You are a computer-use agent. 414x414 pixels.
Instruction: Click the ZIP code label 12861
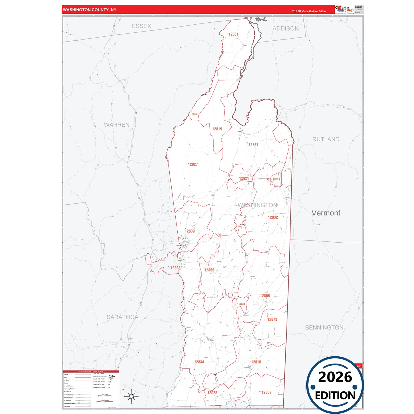pyautogui.click(x=233, y=34)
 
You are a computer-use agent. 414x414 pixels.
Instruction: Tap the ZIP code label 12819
pyautogui.click(x=217, y=129)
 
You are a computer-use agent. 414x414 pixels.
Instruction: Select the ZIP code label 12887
pyautogui.click(x=253, y=145)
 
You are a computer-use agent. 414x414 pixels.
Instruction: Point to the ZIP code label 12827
pyautogui.click(x=193, y=164)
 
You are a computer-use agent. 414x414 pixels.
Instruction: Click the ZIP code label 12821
pyautogui.click(x=244, y=178)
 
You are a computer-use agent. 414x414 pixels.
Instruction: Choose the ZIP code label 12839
pyautogui.click(x=190, y=231)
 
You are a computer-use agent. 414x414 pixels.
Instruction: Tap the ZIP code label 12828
pyautogui.click(x=175, y=268)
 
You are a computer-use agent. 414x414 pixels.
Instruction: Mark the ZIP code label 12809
pyautogui.click(x=209, y=270)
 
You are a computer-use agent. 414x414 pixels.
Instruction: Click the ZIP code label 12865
pyautogui.click(x=265, y=296)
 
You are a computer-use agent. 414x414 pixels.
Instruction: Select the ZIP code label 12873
pyautogui.click(x=272, y=319)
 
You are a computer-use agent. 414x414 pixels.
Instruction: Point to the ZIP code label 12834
pyautogui.click(x=199, y=362)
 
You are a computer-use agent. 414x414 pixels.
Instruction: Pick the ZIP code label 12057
pyautogui.click(x=266, y=393)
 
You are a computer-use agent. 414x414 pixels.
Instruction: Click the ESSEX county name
pyautogui.click(x=142, y=26)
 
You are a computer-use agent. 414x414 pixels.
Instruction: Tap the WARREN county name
pyautogui.click(x=117, y=125)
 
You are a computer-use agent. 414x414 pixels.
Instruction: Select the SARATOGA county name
pyautogui.click(x=123, y=317)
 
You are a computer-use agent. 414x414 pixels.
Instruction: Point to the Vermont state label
pyautogui.click(x=326, y=213)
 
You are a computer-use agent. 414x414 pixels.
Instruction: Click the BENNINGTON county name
pyautogui.click(x=324, y=327)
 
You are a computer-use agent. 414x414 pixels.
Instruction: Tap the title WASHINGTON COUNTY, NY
pyautogui.click(x=89, y=10)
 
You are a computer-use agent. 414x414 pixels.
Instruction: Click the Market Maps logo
pyautogui.click(x=345, y=9)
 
